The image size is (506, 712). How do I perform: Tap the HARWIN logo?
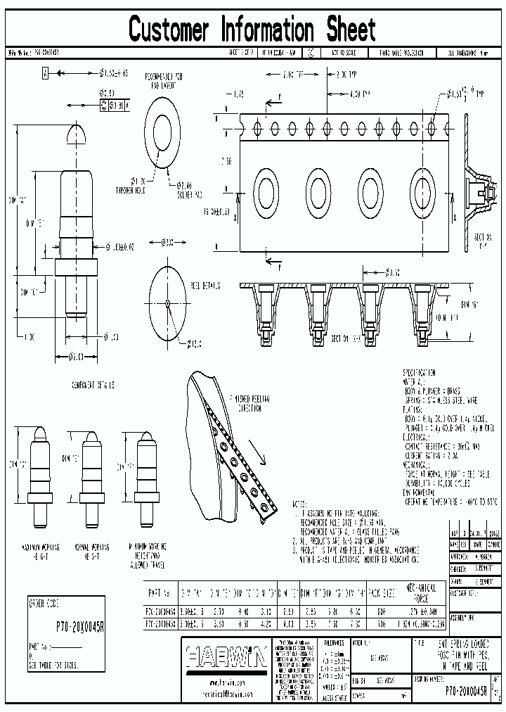click(226, 659)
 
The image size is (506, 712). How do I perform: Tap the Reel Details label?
click(205, 286)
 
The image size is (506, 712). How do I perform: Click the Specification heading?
click(419, 372)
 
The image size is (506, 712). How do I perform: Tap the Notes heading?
click(299, 504)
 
